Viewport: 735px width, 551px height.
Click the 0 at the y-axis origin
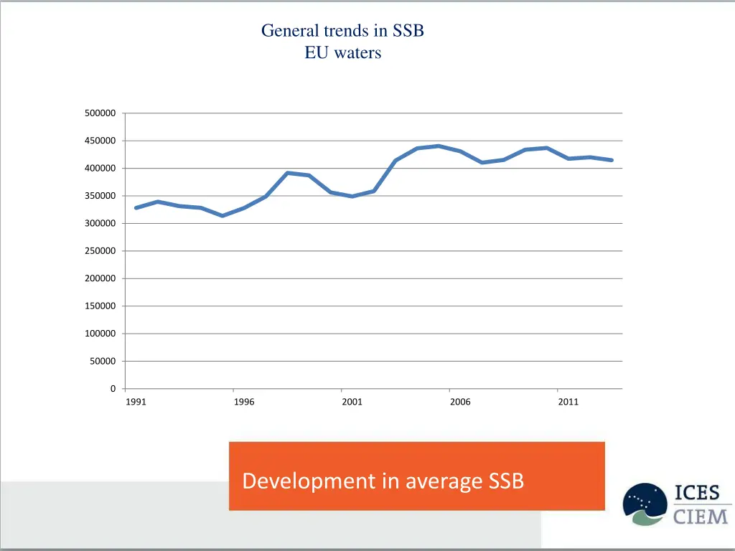pos(113,389)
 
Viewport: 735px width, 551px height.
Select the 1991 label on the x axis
pos(136,402)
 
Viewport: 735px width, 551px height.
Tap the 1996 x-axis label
pos(244,402)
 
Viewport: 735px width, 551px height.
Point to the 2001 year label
pos(352,402)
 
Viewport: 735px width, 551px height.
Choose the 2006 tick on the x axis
pos(460,402)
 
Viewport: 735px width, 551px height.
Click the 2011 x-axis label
pos(568,402)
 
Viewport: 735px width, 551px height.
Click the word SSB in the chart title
pos(408,31)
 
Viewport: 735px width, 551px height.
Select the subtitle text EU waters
pos(343,52)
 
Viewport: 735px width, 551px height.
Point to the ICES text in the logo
pos(701,494)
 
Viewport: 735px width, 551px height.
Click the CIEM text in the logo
pos(701,516)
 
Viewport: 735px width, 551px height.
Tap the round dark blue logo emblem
pos(645,504)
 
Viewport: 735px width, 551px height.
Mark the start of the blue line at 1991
pos(136,208)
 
